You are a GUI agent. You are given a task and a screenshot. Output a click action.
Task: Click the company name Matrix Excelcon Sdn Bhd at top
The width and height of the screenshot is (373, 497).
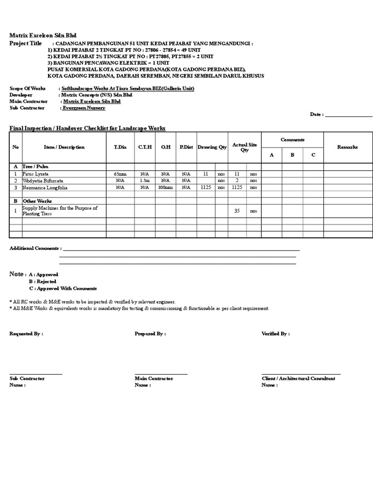tap(43, 36)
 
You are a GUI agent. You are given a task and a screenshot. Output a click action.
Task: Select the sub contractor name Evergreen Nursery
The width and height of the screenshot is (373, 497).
tap(84, 108)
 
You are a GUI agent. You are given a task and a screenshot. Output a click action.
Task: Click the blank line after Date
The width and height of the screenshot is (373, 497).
tap(348, 115)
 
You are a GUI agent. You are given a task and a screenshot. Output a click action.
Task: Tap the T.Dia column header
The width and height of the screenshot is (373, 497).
tap(120, 147)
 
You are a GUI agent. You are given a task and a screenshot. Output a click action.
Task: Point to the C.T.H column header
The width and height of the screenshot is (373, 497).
tap(144, 147)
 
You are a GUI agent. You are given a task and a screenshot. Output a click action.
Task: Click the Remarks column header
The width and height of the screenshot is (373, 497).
tap(347, 147)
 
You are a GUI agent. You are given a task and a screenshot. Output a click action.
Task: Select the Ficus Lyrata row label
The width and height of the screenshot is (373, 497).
tap(35, 173)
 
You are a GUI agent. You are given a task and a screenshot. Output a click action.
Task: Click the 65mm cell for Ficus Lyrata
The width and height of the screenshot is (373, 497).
tap(120, 173)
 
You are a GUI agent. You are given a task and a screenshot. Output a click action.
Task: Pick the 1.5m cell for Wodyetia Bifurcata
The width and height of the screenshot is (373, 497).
tap(144, 180)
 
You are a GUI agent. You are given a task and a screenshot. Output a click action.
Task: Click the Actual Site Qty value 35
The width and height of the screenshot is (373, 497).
tap(237, 211)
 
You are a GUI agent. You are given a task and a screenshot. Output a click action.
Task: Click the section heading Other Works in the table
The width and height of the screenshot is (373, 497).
tap(37, 201)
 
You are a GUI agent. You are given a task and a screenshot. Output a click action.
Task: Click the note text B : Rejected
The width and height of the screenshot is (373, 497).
tap(42, 282)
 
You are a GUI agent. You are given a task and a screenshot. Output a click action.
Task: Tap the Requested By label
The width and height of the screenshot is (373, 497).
tap(26, 334)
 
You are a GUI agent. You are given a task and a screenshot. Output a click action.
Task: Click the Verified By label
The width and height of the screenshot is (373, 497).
tap(275, 334)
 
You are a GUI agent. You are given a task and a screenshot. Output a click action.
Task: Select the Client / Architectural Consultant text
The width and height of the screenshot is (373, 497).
tap(298, 379)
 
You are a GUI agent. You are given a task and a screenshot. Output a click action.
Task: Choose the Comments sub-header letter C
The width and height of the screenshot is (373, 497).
tap(313, 155)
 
